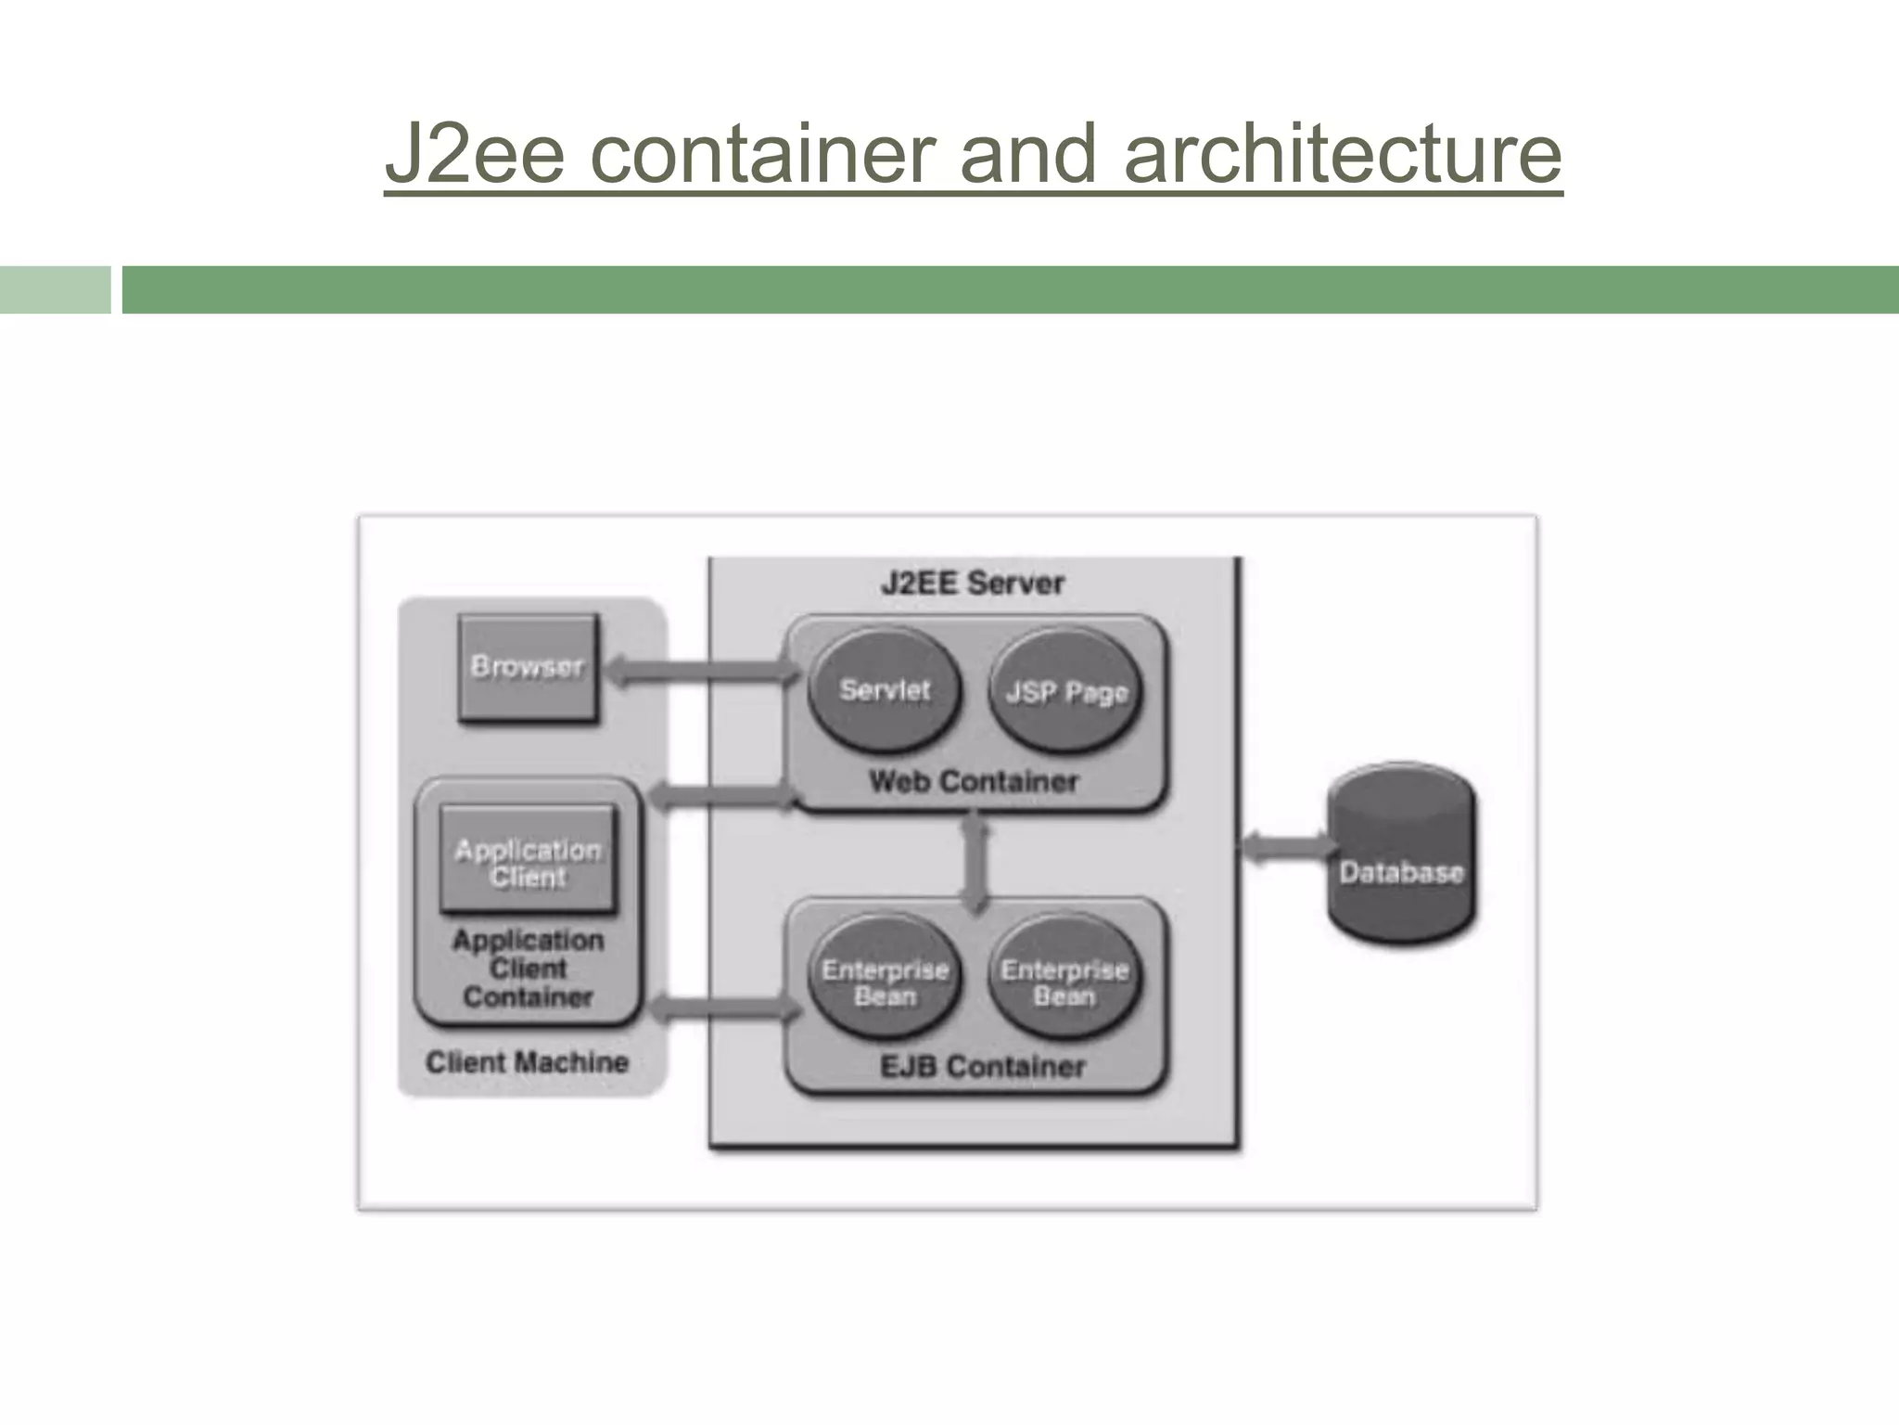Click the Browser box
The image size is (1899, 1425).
(x=528, y=667)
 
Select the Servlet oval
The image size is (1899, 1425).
(x=884, y=691)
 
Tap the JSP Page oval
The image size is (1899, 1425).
(x=1065, y=693)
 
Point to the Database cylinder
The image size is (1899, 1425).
(x=1401, y=855)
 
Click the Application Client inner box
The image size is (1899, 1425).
(x=528, y=861)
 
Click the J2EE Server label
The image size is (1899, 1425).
(x=972, y=584)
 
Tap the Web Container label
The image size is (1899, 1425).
(x=974, y=781)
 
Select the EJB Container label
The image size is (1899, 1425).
(x=982, y=1067)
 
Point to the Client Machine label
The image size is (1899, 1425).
(x=527, y=1062)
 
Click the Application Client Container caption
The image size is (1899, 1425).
(x=528, y=969)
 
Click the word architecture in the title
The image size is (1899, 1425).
(x=1343, y=153)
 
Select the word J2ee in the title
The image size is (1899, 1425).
(x=474, y=153)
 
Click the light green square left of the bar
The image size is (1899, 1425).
(x=55, y=289)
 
